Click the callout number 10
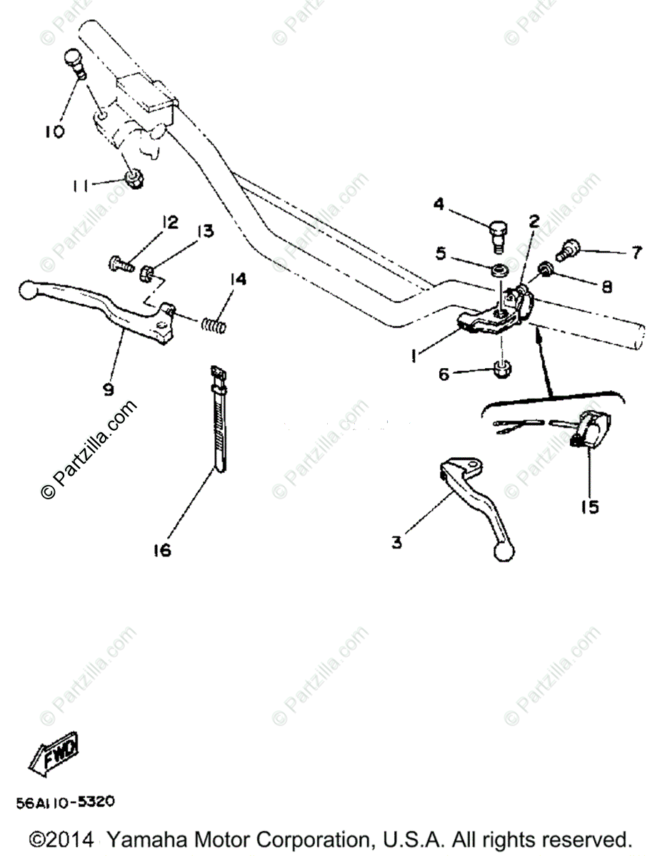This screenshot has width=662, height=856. [x=55, y=131]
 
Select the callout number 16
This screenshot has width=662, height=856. [x=163, y=550]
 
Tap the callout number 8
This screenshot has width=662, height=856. [x=606, y=286]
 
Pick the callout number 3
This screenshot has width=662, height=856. [x=396, y=542]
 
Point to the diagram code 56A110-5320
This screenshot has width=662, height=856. [x=65, y=802]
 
